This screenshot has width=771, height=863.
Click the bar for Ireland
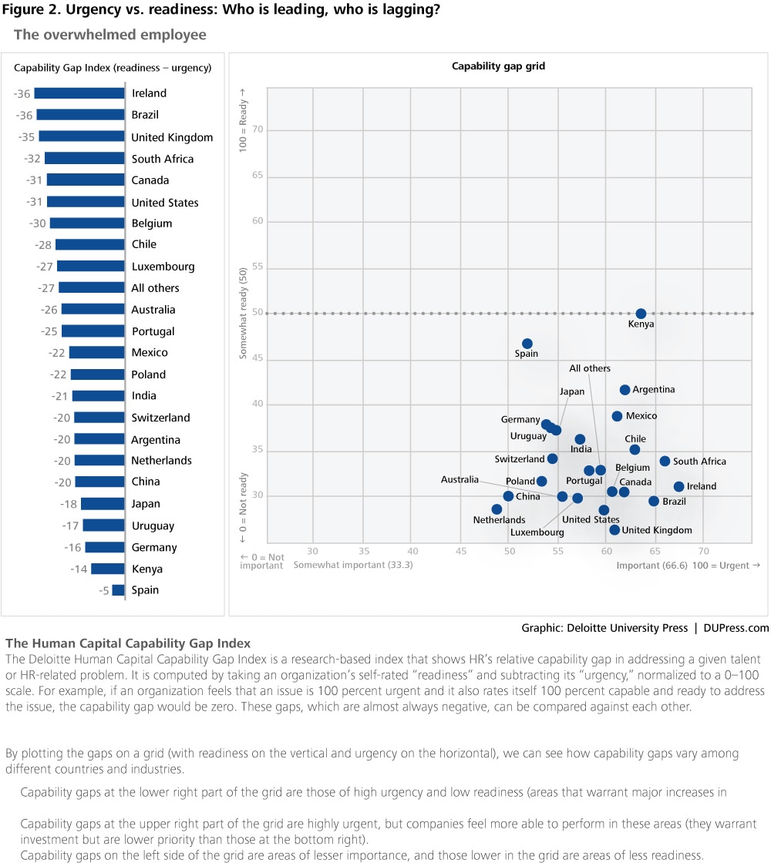click(x=79, y=93)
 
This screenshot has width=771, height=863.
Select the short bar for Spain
click(x=119, y=590)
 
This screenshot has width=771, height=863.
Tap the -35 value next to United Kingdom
click(x=26, y=136)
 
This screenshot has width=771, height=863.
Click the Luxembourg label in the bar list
click(x=163, y=267)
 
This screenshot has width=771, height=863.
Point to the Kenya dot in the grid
click(x=641, y=314)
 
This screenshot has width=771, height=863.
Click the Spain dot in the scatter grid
click(x=527, y=344)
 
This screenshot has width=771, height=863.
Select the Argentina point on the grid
click(x=625, y=390)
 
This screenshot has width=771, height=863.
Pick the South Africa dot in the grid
click(x=665, y=462)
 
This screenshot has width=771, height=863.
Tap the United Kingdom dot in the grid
click(x=614, y=529)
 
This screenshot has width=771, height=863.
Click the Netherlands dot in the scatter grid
click(x=497, y=509)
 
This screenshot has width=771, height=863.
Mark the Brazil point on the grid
click(x=654, y=501)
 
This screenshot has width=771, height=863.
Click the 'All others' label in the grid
click(x=590, y=368)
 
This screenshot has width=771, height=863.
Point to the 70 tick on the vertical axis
click(x=258, y=129)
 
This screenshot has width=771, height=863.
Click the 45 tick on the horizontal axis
click(x=461, y=551)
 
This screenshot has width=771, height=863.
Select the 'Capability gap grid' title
click(x=498, y=66)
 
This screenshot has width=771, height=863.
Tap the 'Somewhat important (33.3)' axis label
click(x=353, y=565)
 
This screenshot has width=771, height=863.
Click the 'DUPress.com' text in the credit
click(x=736, y=628)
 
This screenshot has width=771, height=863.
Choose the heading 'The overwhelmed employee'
click(x=110, y=35)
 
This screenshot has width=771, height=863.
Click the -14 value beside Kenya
click(x=79, y=569)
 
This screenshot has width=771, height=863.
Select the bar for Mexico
click(x=97, y=352)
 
